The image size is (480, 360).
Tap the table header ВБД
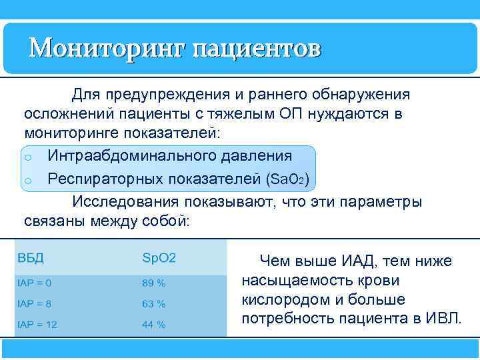coord(31,258)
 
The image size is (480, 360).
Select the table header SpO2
coord(159,258)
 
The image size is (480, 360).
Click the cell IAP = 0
coord(35,283)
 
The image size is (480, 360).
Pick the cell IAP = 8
coord(35,303)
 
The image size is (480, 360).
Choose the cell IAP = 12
coord(37,325)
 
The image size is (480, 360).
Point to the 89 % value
coord(154,283)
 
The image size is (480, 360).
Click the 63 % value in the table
coord(154,303)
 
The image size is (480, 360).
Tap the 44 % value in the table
coord(154,325)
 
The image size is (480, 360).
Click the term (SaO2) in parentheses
coord(287,179)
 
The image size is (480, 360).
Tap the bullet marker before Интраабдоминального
coord(27,157)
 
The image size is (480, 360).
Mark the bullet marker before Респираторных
coord(27,181)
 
